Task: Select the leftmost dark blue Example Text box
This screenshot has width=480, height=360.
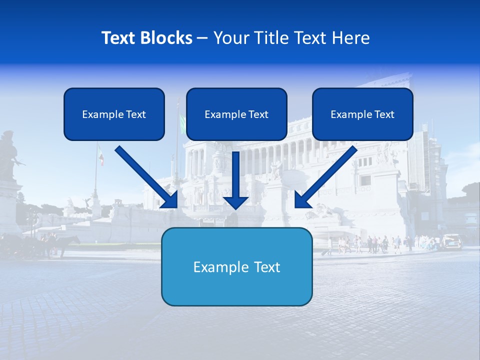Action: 114,114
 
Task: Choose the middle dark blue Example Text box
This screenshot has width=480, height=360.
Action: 236,114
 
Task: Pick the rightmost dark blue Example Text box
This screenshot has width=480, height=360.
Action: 362,114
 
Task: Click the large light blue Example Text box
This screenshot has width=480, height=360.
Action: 236,266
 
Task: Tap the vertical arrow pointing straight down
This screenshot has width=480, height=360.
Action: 235,180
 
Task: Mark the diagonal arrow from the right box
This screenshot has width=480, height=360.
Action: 325,177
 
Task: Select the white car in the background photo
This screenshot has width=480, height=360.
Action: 451,241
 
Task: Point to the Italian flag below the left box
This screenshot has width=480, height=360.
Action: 100,155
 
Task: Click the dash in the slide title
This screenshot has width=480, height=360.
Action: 202,38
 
